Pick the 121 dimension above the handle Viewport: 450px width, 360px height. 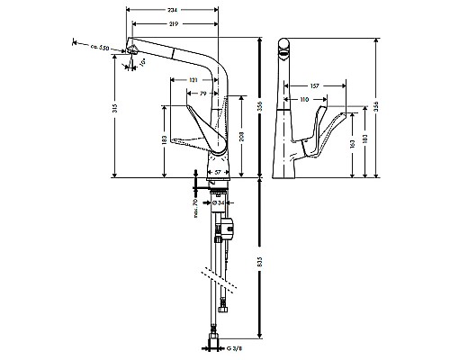(x=193, y=80)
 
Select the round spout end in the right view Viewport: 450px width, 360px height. (x=285, y=47)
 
